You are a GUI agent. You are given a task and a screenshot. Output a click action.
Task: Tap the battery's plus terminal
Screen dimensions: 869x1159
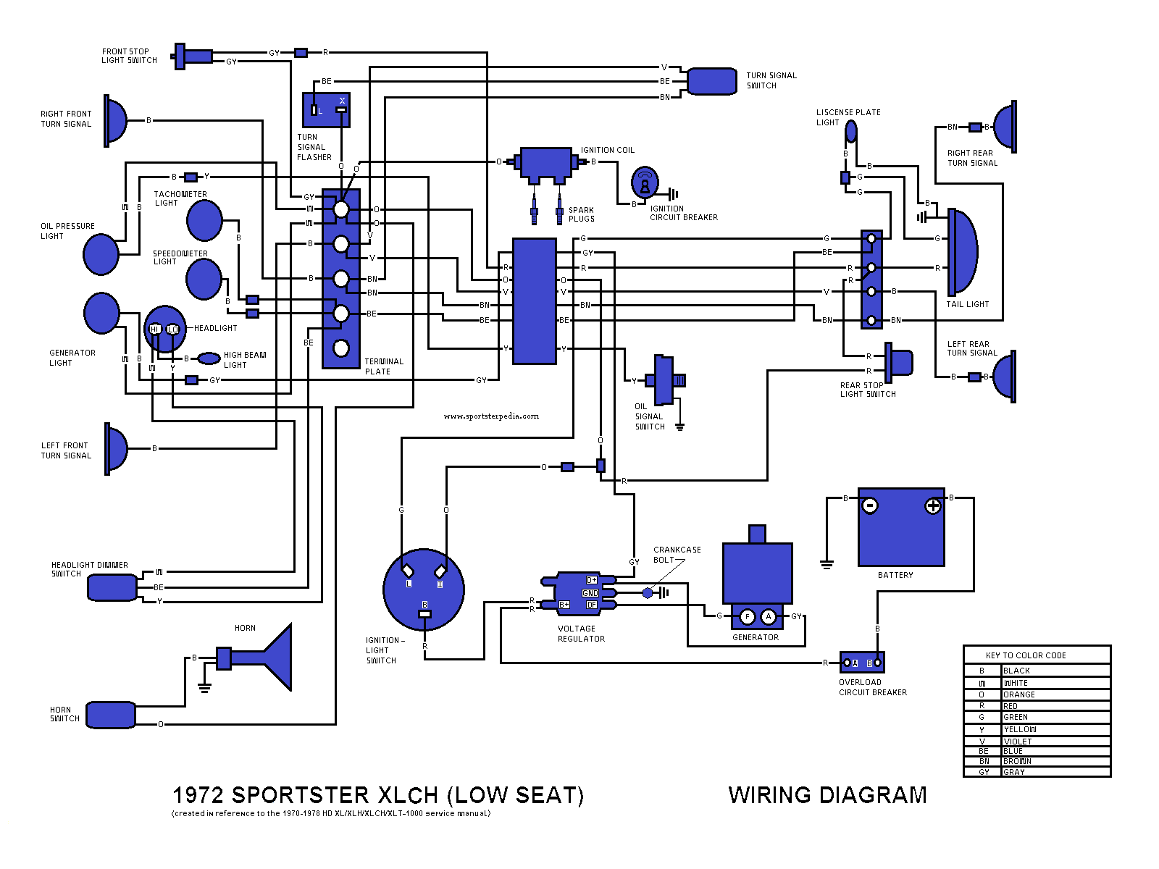coord(933,506)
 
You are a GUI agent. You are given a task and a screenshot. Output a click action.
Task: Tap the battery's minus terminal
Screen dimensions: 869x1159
coord(870,505)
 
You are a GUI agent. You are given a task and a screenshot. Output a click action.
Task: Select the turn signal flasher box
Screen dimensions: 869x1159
coord(326,110)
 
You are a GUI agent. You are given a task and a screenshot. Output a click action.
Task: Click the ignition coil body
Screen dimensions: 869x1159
coord(546,164)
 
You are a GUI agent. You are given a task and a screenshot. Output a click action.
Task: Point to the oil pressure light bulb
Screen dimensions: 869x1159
coord(101,254)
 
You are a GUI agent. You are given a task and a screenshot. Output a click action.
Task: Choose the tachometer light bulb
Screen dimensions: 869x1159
coord(204,220)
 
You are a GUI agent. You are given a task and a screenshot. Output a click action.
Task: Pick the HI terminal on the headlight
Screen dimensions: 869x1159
coord(154,329)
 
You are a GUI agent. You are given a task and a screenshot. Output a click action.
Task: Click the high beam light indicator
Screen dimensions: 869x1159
coord(209,358)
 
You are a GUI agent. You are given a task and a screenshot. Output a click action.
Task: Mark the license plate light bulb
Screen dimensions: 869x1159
coord(851,132)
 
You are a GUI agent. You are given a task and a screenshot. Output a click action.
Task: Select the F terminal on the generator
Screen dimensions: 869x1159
coord(748,617)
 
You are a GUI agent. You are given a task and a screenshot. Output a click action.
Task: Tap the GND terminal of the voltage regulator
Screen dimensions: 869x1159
coord(590,593)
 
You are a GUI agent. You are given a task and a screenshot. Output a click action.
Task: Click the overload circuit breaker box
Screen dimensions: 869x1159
coord(862,663)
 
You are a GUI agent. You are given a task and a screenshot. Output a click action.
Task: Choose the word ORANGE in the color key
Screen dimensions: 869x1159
coord(1019,694)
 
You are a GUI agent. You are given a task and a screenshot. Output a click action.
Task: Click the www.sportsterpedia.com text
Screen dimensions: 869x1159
coord(491,416)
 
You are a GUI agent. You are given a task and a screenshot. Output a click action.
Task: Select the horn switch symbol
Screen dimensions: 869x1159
coord(111,715)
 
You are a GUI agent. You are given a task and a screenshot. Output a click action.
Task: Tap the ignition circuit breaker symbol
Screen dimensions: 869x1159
coord(645,183)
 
